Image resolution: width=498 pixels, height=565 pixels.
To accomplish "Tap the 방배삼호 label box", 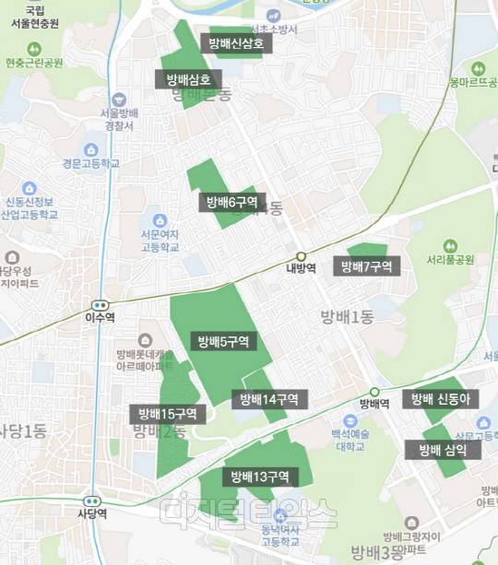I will (x=189, y=79).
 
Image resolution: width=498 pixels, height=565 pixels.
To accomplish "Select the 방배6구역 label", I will (x=231, y=202).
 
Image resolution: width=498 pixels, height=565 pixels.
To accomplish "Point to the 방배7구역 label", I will (x=366, y=267).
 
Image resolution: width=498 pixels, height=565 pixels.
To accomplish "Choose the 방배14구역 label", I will (x=269, y=399).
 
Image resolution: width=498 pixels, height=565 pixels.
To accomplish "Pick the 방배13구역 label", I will (x=260, y=477).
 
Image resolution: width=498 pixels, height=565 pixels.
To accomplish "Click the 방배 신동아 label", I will (x=441, y=399).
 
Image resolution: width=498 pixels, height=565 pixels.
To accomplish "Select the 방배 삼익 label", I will (x=443, y=450).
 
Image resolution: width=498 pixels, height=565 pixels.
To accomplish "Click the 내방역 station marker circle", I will (x=301, y=256).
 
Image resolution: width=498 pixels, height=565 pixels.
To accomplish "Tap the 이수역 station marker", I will (x=100, y=305).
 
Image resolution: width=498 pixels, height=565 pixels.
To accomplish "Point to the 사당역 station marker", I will (x=90, y=500).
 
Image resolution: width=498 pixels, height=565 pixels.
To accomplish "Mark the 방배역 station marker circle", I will (x=374, y=391).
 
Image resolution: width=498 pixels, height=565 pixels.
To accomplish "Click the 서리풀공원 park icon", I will (x=449, y=246).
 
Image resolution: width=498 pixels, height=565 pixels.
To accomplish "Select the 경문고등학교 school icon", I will (x=91, y=149).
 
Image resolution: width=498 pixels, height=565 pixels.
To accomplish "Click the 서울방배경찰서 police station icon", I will (x=119, y=100).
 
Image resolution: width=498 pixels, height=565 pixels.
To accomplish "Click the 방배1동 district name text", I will (x=347, y=318).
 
